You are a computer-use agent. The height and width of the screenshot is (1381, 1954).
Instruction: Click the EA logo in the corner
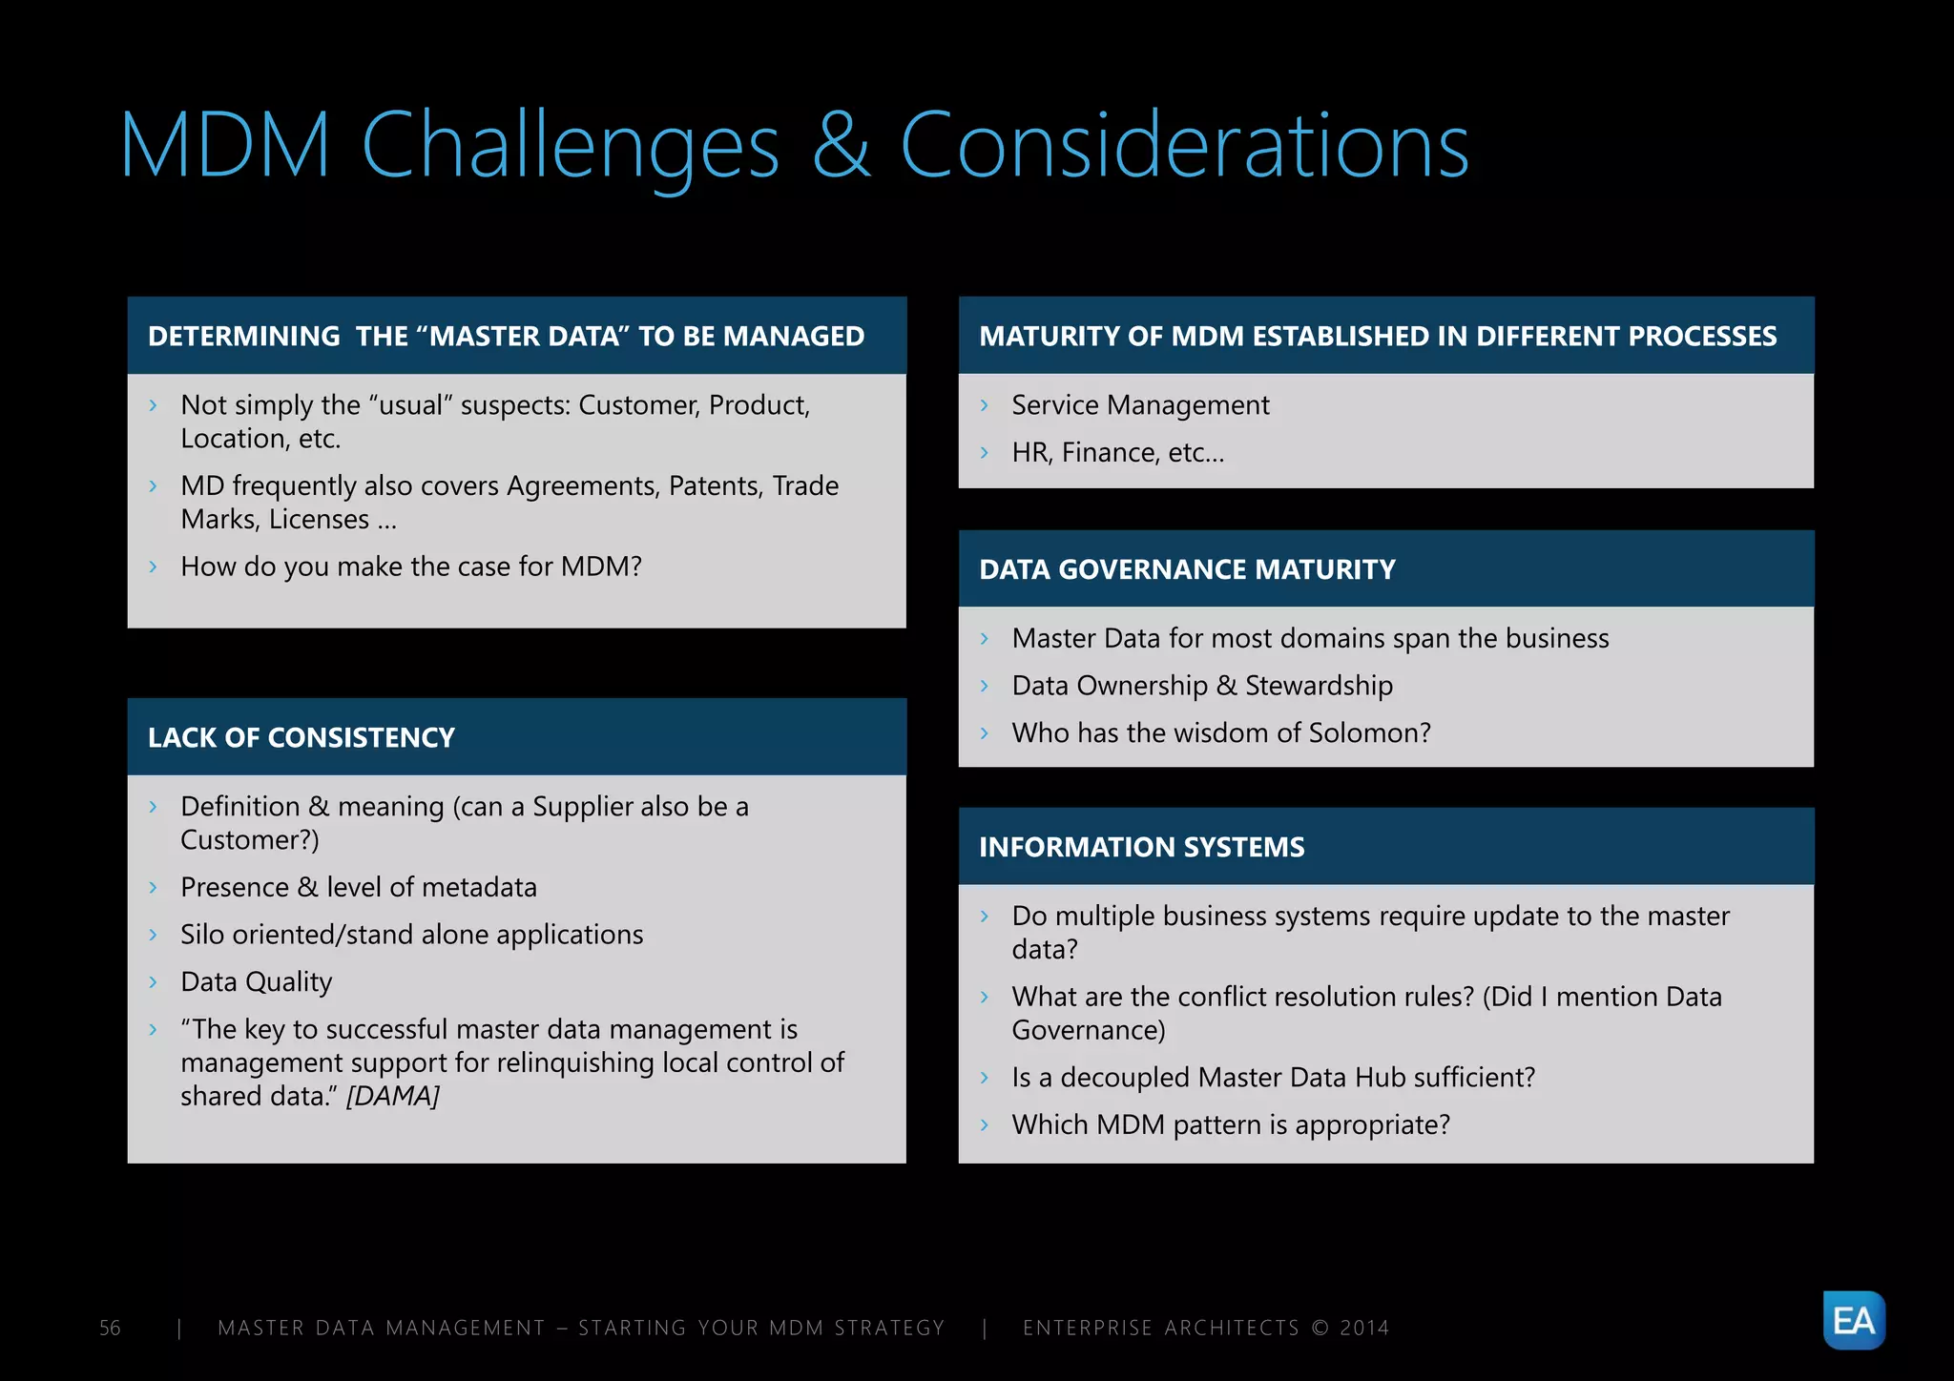tap(1853, 1320)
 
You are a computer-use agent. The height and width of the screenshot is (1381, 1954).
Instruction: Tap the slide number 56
tap(110, 1328)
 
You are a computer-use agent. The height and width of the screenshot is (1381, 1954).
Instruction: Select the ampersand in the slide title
tap(841, 145)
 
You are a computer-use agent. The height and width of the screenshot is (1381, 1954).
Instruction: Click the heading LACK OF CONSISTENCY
tap(301, 737)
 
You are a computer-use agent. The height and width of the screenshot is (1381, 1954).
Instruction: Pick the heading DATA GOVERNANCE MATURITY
tap(1187, 569)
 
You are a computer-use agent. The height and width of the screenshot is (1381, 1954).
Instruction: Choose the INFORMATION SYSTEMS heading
tap(1141, 847)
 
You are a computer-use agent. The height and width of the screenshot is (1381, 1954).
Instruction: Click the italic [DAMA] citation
tap(392, 1096)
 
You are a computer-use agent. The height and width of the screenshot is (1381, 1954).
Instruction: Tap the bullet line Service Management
tap(1140, 405)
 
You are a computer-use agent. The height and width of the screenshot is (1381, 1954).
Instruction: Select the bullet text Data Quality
tap(256, 981)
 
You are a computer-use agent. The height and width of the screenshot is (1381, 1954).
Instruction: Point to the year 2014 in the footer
tap(1364, 1328)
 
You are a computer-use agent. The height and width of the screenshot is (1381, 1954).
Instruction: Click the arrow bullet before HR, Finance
tap(985, 453)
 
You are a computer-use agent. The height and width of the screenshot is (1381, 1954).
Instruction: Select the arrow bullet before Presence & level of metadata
tap(153, 888)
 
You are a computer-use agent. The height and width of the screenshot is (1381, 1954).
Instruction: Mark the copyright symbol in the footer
tap(1320, 1328)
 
